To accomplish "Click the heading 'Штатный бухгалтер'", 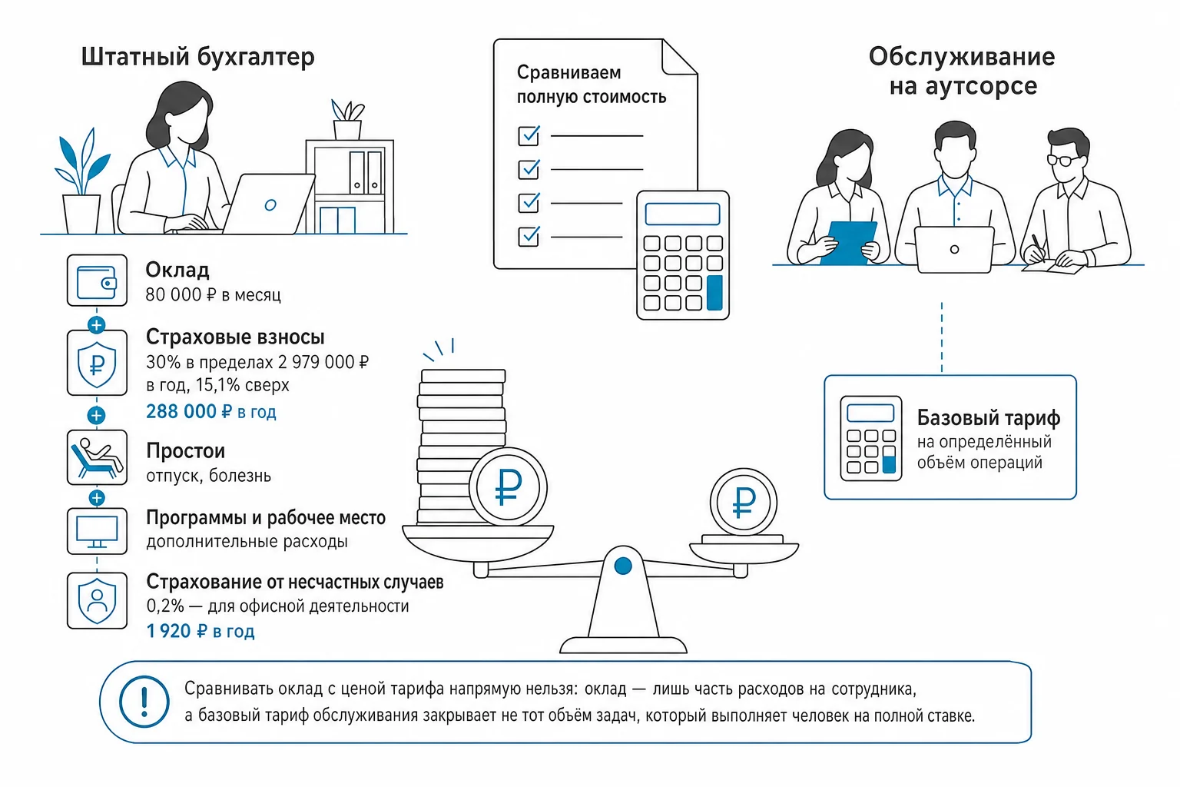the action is [197, 57].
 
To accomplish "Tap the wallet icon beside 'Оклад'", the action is [97, 281].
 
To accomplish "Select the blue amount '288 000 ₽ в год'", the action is [210, 411].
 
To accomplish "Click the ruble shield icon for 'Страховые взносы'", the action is [97, 364].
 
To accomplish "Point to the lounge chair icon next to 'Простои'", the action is [97, 457].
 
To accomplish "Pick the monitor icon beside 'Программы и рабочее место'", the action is [97, 531].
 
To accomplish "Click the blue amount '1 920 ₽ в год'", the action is [201, 631].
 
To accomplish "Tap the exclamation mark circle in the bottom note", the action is [144, 702].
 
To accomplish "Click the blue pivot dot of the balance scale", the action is [623, 566].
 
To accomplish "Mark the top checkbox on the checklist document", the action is [529, 135].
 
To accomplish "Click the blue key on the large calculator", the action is [714, 293].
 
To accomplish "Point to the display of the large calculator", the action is [683, 214].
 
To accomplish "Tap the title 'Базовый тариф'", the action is [988, 417].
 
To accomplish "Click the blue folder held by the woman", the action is [849, 243].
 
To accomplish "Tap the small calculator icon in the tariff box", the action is [870, 439].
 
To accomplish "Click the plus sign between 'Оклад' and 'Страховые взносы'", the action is [96, 325].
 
